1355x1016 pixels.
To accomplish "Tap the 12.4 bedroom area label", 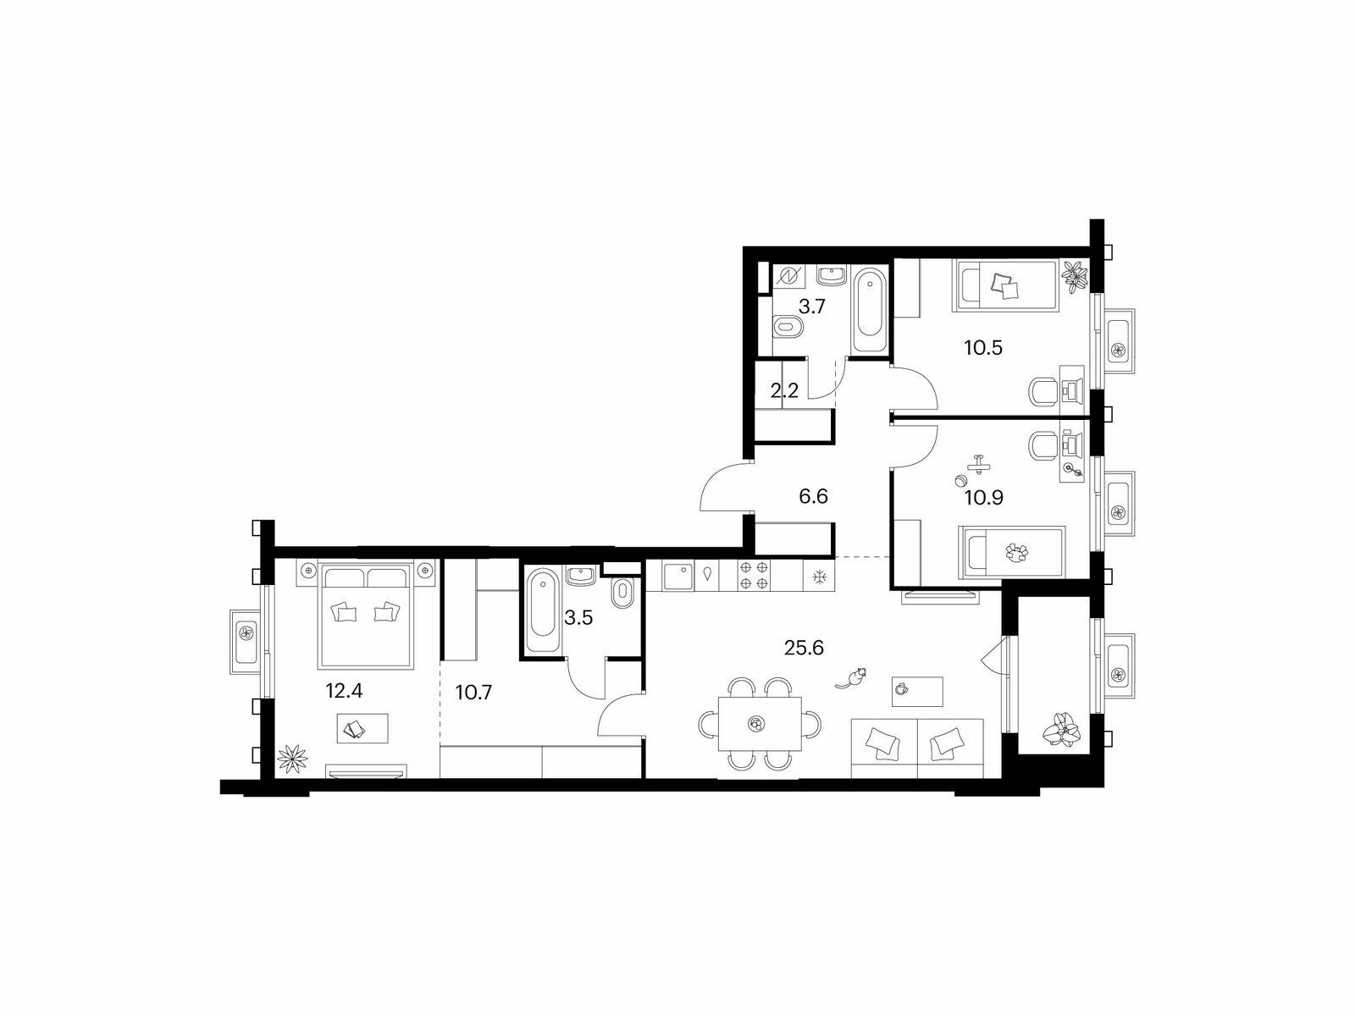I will point(345,691).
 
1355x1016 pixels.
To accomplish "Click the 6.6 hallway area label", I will point(812,496).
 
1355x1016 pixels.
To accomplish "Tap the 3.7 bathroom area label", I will point(812,307).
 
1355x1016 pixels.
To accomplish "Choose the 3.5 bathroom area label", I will point(578,616).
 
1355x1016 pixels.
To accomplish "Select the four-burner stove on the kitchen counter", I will point(755,576).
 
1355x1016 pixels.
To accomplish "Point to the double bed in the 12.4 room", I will point(366,614).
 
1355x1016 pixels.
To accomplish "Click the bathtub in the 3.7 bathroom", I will point(868,311).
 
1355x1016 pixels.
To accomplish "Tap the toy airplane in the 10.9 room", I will point(981,465).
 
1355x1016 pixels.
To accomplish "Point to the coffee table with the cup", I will point(917,689).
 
